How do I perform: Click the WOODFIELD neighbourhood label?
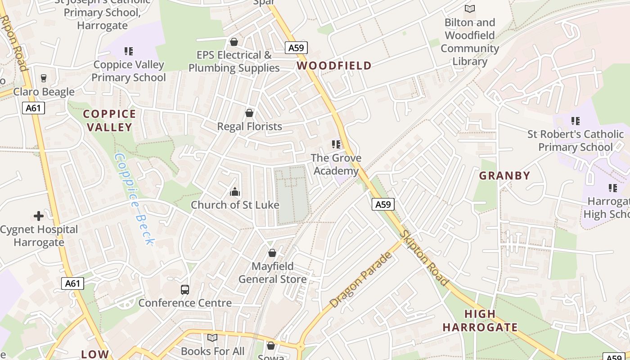coord(334,66)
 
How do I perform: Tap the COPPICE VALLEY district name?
coord(109,121)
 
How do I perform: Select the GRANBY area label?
coord(504,175)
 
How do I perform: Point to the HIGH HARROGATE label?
coord(480,320)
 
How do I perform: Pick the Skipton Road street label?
coord(424,258)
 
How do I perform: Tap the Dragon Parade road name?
coord(361,280)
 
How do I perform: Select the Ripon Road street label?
coord(14,43)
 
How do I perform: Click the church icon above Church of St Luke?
coord(234,192)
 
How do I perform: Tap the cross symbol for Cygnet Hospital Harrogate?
coord(39,216)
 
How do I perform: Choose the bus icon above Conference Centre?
coord(185,290)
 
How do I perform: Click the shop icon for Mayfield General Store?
coord(272,253)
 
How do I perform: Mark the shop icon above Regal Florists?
coord(249,113)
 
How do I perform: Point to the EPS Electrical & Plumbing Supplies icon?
coord(234,42)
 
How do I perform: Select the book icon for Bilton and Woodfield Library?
coord(470,9)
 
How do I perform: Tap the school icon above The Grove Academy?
coord(336,144)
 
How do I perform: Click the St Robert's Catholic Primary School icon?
coord(576,121)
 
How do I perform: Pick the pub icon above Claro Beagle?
coord(44,78)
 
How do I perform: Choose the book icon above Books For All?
coord(212,337)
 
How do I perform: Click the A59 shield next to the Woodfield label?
coord(296,48)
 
